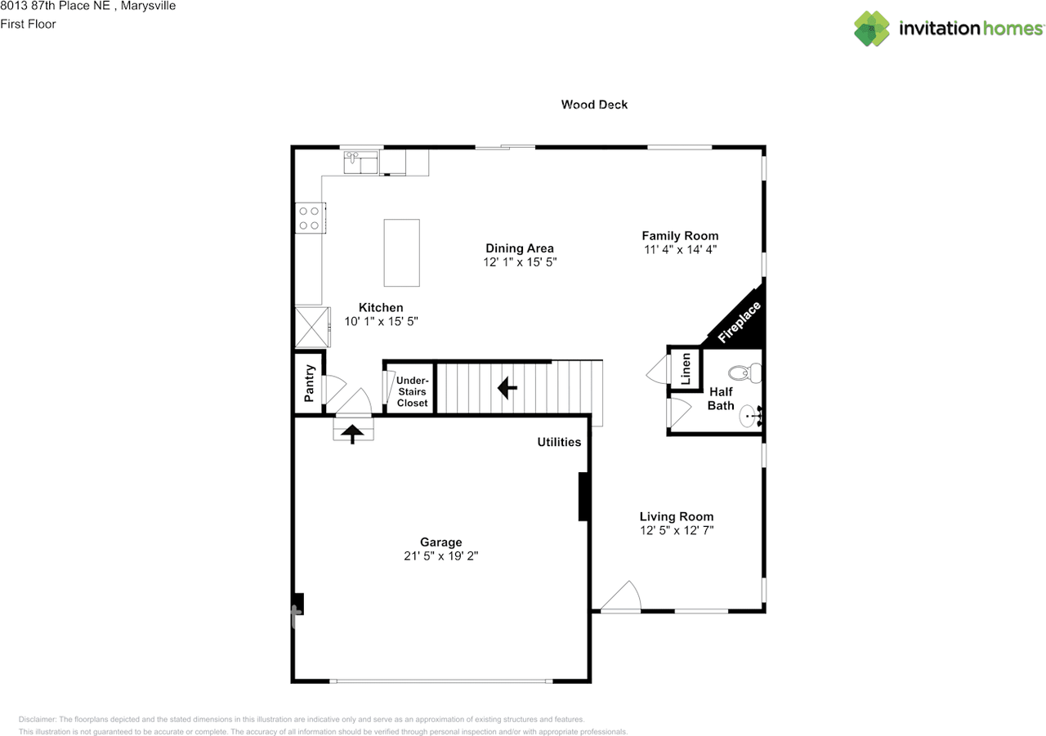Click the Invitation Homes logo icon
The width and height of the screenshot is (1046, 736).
(x=872, y=29)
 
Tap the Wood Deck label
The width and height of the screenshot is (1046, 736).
(x=594, y=105)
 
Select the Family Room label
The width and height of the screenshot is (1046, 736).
(x=680, y=236)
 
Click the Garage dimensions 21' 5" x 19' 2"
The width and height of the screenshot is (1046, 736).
(x=441, y=555)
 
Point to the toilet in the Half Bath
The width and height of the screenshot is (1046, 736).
(x=743, y=373)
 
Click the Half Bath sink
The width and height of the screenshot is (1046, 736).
(x=750, y=417)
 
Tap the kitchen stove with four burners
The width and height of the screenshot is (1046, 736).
(x=309, y=216)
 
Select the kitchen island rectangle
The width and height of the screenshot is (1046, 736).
(x=402, y=252)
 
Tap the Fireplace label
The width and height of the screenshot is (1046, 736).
(x=739, y=323)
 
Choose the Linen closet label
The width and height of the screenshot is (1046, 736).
(x=686, y=368)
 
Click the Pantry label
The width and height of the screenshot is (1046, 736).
(x=310, y=383)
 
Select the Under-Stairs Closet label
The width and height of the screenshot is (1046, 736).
(x=412, y=392)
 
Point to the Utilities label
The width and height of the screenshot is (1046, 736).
(x=559, y=442)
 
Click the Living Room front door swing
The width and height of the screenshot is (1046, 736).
(x=623, y=596)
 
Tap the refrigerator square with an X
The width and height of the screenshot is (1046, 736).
(x=311, y=327)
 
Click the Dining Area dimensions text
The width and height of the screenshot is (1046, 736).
(x=520, y=262)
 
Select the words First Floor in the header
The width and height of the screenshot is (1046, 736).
(x=28, y=24)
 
